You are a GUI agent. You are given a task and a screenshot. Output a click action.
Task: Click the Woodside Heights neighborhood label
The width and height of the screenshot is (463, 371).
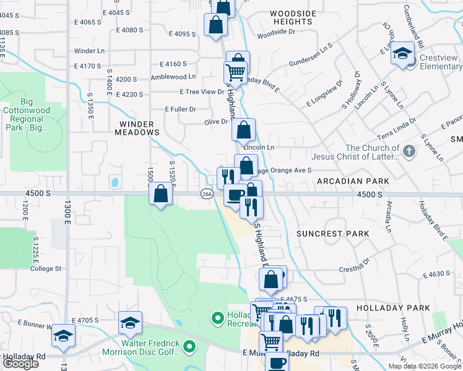[293, 17]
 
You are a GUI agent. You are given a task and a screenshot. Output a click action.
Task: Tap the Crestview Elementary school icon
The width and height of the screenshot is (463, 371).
[402, 54]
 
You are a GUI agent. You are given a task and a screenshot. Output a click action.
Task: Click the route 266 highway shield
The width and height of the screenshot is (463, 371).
[207, 194]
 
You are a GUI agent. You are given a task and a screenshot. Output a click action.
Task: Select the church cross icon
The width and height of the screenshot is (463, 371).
[409, 151]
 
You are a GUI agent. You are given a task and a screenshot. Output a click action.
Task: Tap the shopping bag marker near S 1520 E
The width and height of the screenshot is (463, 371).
[161, 194]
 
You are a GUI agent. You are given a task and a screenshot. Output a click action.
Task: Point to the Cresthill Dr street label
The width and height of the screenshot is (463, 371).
[353, 270]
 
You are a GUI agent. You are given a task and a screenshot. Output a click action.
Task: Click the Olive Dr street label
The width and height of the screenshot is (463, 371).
[217, 122]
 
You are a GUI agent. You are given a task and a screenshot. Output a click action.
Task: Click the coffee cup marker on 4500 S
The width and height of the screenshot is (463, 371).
[234, 196]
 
